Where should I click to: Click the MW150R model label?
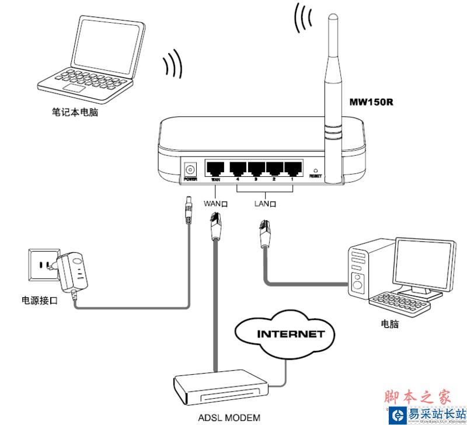click(371, 103)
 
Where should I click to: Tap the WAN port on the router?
click(215, 168)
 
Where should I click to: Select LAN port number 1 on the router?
click(292, 168)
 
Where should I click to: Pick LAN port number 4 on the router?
click(238, 168)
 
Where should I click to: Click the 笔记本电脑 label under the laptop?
click(75, 111)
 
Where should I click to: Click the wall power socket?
click(41, 266)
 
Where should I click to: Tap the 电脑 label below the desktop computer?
click(389, 323)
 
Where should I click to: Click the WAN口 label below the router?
click(215, 204)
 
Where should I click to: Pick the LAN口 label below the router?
click(265, 204)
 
